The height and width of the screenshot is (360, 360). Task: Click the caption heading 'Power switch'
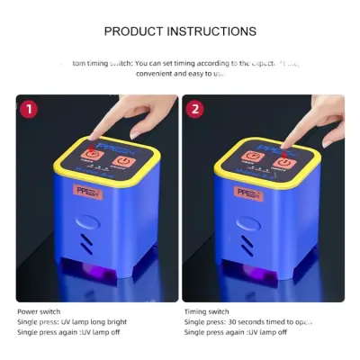(x=40, y=311)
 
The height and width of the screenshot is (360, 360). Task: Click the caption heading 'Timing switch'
(x=206, y=311)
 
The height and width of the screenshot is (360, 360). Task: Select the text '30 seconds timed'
(x=255, y=321)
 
